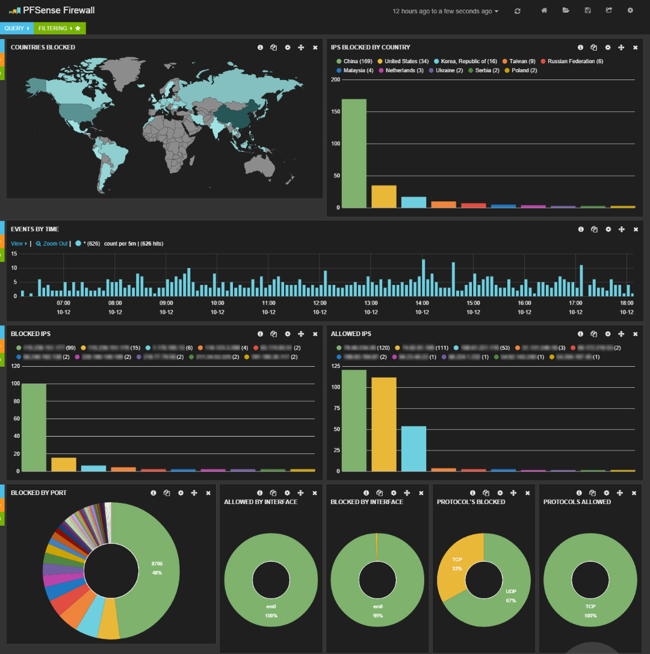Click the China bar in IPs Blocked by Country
[x=354, y=154]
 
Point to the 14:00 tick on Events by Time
[x=422, y=303]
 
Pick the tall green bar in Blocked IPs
[x=34, y=427]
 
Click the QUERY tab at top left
[x=16, y=28]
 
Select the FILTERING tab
[x=59, y=28]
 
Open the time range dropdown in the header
[x=445, y=11]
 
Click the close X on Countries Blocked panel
[x=315, y=48]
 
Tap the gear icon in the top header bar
[x=630, y=10]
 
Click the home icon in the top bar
[x=544, y=10]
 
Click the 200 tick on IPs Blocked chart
[x=335, y=79]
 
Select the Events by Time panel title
[x=35, y=229]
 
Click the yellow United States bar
[x=383, y=196]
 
